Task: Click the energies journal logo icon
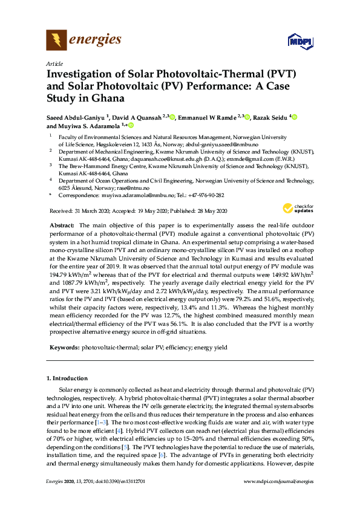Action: coord(57,41)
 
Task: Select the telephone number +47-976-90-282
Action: coord(205,196)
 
